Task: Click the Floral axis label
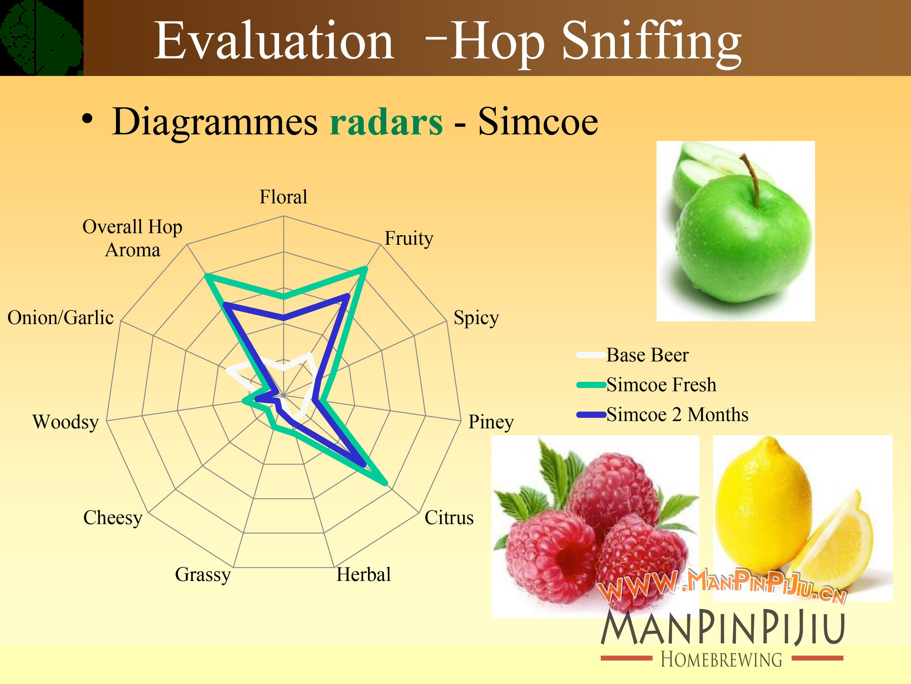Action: point(283,197)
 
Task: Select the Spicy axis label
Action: point(476,318)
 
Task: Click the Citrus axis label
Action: point(449,517)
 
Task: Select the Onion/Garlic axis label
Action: point(60,318)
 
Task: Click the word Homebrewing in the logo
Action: point(722,659)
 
